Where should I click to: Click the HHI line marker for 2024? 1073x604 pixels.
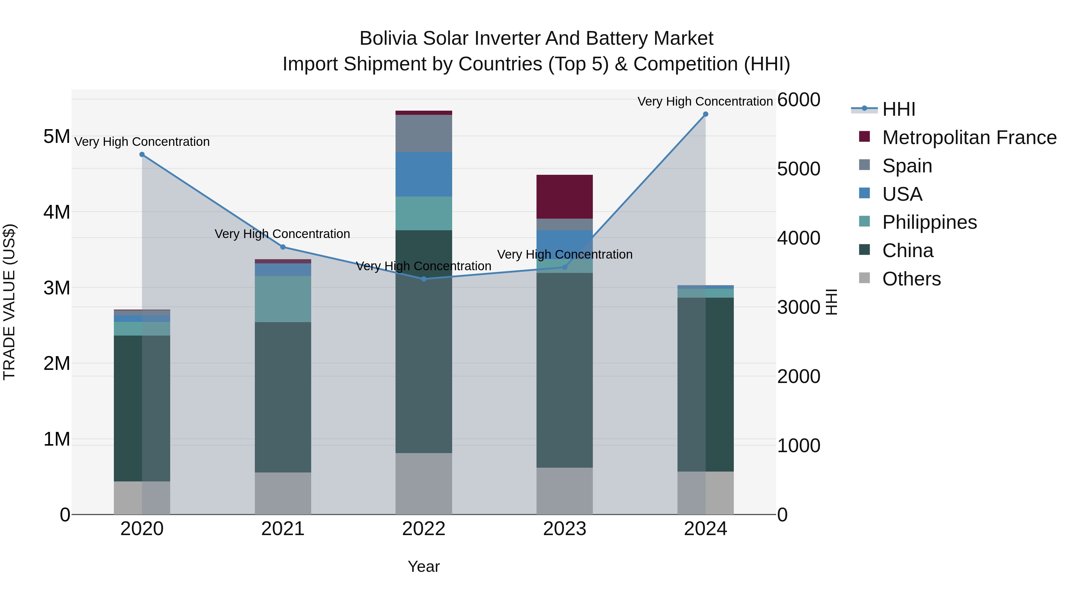point(705,114)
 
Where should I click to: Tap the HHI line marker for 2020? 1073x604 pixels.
point(142,155)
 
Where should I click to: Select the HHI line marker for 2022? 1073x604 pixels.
point(424,279)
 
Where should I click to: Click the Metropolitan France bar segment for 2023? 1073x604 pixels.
point(565,197)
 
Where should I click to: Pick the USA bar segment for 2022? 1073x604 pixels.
point(424,174)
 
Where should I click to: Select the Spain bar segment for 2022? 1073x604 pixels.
point(424,133)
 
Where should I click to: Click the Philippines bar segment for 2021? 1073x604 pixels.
point(283,299)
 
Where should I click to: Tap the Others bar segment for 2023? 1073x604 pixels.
point(565,491)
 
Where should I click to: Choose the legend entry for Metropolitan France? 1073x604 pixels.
point(969,138)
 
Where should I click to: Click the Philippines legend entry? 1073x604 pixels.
point(929,222)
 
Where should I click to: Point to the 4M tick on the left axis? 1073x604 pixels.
point(57,212)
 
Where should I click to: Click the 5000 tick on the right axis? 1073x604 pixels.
point(798,169)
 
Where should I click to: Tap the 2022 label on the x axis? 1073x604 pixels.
point(424,529)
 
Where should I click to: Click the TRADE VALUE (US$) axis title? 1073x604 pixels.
point(9,302)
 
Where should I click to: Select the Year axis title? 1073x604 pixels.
point(424,566)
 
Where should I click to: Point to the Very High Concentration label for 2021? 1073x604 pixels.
point(283,234)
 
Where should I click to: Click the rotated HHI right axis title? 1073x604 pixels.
point(831,302)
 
